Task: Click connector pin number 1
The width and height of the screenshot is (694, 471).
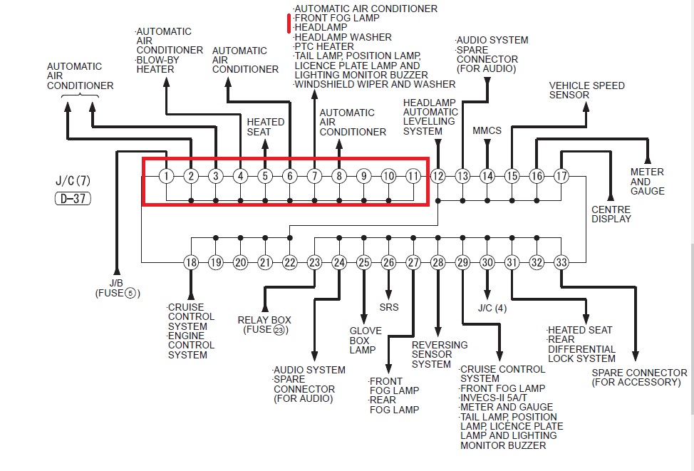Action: click(x=166, y=176)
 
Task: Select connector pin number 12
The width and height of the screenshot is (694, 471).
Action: click(x=437, y=176)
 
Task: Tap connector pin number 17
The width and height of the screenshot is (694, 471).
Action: click(x=561, y=176)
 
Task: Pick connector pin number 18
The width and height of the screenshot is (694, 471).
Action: click(x=191, y=262)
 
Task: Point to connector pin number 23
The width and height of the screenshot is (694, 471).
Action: click(x=314, y=262)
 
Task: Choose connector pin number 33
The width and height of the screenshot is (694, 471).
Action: click(x=561, y=262)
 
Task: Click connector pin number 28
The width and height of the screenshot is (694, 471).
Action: click(x=437, y=262)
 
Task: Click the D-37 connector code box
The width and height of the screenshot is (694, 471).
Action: click(x=73, y=199)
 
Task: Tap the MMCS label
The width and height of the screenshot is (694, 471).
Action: click(x=487, y=130)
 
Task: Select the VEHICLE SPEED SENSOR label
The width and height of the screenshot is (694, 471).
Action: click(x=586, y=90)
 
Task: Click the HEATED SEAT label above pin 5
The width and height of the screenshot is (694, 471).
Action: click(x=265, y=127)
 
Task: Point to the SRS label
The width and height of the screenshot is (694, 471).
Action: click(x=389, y=307)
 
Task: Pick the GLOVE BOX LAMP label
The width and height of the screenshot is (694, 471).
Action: click(x=366, y=340)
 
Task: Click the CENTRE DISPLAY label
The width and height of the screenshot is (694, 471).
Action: click(x=611, y=214)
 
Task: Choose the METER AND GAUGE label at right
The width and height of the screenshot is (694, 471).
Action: click(x=647, y=181)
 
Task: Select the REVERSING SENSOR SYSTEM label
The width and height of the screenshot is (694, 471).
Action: click(x=439, y=354)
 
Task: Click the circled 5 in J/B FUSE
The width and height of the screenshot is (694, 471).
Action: click(x=130, y=293)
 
